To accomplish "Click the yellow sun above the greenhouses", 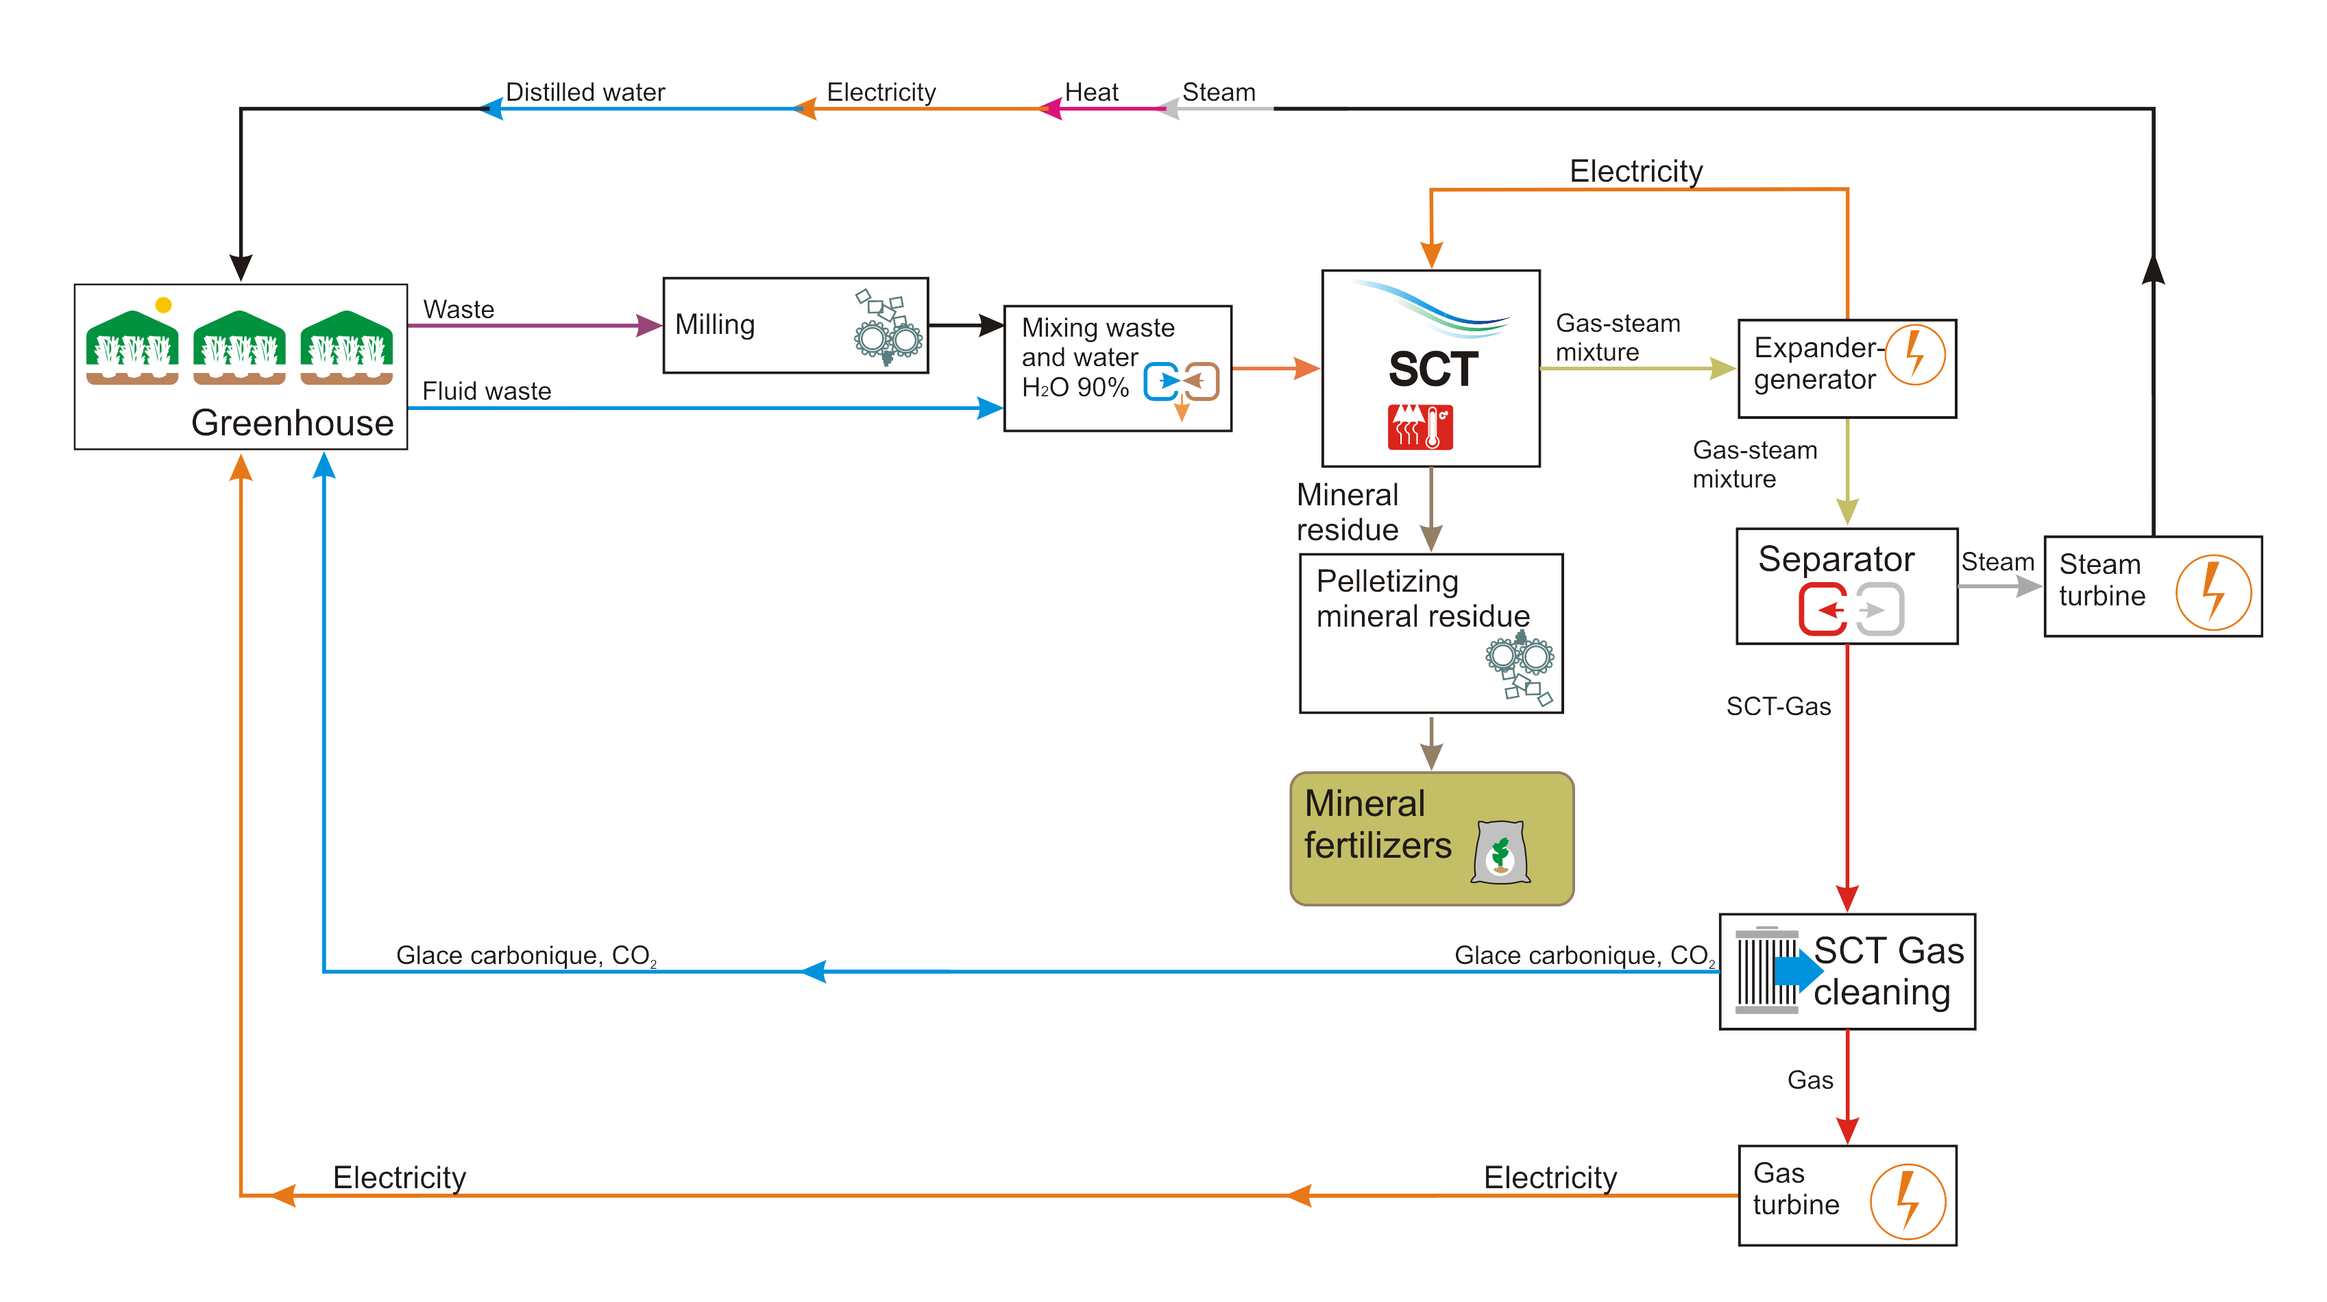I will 164,305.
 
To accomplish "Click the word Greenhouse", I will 292,423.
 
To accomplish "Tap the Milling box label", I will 714,324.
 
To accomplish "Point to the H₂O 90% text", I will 1075,387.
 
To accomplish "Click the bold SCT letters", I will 1433,369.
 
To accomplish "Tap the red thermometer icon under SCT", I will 1420,426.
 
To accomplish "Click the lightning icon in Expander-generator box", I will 1915,354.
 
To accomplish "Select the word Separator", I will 1836,559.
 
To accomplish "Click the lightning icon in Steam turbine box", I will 2213,592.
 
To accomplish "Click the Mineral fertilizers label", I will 1378,824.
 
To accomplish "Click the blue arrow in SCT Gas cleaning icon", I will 1798,970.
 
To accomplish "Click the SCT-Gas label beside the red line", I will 1778,707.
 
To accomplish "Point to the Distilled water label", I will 585,92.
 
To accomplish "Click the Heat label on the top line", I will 1091,92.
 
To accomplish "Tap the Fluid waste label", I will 486,391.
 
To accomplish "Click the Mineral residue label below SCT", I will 1347,512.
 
